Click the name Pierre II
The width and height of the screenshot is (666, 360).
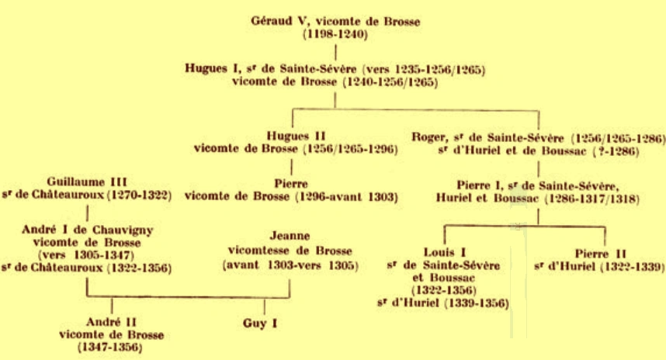pos(601,253)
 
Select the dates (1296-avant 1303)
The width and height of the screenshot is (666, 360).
pos(343,198)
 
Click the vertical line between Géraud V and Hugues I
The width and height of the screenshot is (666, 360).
pos(335,54)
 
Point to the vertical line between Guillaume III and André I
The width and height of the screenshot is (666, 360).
pos(88,209)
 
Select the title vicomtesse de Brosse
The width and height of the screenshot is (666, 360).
pos(290,251)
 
